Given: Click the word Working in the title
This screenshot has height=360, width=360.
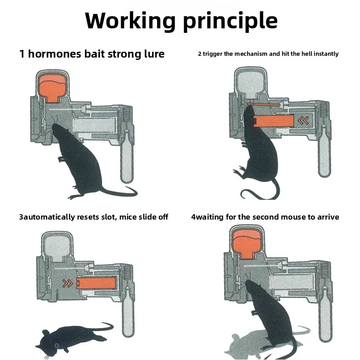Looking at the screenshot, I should point(130,21).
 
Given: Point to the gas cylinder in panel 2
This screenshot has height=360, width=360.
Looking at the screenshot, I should point(323,156).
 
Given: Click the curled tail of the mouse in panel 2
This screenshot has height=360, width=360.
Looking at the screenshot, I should point(252,193).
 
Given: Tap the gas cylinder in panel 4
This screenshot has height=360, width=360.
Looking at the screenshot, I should point(323,319).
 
